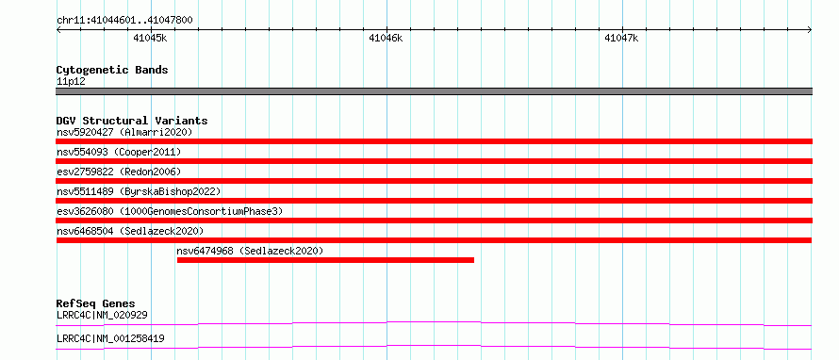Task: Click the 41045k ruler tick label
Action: coord(150,38)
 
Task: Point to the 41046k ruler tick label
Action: coord(386,38)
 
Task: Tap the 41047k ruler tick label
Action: coord(621,38)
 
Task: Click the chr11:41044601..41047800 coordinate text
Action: coord(124,21)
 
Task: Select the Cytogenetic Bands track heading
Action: coord(112,70)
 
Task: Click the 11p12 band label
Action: coord(71,82)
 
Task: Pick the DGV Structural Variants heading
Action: coord(132,121)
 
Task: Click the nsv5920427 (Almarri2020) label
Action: coord(124,132)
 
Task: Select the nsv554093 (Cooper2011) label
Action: coord(119,152)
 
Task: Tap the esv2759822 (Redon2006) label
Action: coord(119,172)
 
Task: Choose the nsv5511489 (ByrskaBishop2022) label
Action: coord(139,191)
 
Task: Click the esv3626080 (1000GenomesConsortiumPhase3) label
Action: coord(170,211)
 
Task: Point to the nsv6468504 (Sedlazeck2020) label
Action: coord(130,231)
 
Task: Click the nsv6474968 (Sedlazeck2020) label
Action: coord(251,251)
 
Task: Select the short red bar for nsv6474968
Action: coord(325,260)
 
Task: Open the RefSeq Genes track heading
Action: coord(96,303)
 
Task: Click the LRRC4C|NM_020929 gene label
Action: coord(102,315)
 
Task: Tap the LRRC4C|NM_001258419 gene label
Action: coord(110,338)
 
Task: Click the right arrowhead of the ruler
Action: coord(811,30)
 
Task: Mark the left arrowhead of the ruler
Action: coord(58,30)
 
